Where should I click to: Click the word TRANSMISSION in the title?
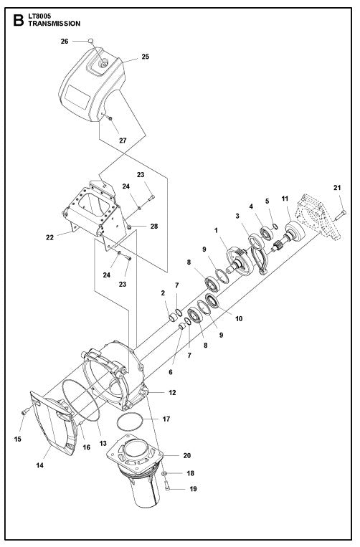[55, 24]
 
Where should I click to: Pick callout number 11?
[285, 197]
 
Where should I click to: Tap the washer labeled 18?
[164, 475]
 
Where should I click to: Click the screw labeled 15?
[23, 412]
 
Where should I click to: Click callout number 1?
[216, 231]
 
